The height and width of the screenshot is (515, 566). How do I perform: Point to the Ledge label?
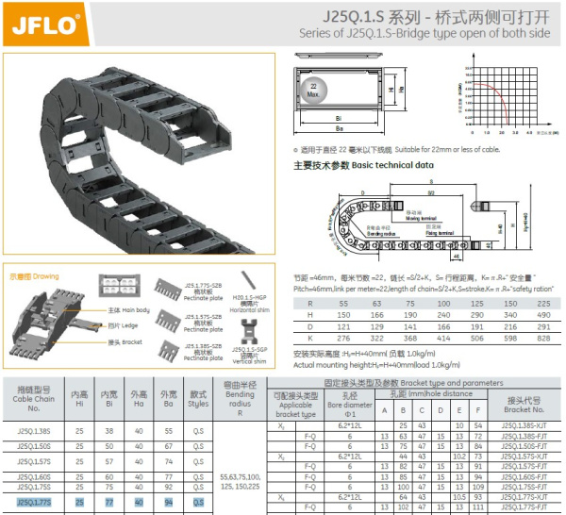[120, 325]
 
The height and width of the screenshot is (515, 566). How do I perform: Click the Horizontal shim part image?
[247, 281]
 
